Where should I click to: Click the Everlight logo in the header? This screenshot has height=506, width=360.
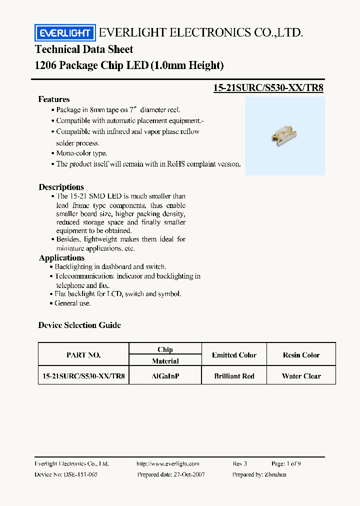tap(64, 33)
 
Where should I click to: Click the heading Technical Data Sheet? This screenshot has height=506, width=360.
tap(84, 49)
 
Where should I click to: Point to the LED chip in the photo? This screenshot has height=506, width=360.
tap(283, 132)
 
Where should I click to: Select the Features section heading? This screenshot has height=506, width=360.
tap(54, 99)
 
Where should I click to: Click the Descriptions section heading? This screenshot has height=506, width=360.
tap(61, 187)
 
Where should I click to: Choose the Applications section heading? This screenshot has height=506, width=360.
tap(61, 258)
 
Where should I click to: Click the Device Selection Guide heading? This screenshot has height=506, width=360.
tap(79, 325)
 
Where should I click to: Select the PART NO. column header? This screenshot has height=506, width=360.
tap(83, 355)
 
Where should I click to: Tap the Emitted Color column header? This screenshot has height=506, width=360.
tap(234, 355)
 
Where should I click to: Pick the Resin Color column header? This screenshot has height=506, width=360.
tap(301, 355)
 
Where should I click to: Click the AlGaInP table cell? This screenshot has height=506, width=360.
tap(165, 376)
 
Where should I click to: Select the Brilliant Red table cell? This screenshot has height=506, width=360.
tap(234, 376)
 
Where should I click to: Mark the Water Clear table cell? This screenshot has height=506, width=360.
tap(301, 376)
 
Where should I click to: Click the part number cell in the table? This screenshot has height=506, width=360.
tap(83, 376)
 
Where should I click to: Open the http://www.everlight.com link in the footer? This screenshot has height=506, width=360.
tap(168, 464)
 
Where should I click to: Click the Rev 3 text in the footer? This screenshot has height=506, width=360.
tap(240, 464)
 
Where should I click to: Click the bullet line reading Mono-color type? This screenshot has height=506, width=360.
tap(81, 153)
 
